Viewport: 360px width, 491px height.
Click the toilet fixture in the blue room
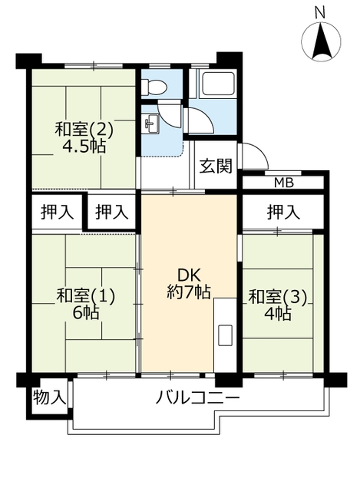[152, 86]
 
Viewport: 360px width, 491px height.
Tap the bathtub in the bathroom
[219, 83]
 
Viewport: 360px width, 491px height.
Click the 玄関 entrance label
[216, 166]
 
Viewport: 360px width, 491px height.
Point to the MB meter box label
[284, 183]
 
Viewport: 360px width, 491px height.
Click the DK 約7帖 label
[189, 284]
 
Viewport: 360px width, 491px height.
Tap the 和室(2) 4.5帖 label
[84, 137]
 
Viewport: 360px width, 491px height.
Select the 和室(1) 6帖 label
[86, 304]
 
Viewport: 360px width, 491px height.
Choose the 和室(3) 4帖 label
[277, 305]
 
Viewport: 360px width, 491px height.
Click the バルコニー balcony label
[198, 398]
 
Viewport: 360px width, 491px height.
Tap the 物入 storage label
[49, 397]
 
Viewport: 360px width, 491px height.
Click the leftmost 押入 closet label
[58, 212]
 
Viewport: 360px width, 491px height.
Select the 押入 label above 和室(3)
[283, 212]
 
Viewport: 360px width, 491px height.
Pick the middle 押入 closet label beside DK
[112, 212]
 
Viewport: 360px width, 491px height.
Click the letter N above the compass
[319, 13]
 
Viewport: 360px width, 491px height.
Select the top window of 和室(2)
[94, 66]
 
